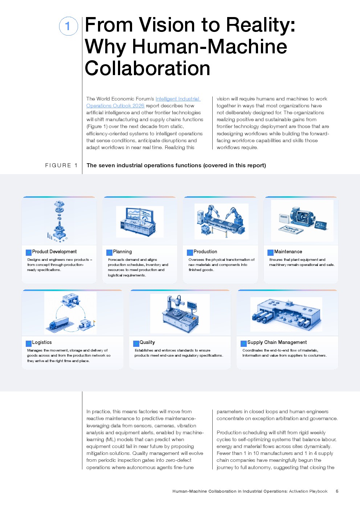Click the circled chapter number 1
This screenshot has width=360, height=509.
69,26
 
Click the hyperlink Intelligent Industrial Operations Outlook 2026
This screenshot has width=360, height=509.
143,102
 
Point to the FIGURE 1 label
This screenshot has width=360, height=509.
61,165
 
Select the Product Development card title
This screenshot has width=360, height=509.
54,251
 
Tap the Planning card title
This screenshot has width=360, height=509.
122,251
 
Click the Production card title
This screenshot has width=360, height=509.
205,251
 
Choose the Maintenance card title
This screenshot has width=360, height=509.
288,251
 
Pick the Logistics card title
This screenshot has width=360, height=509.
42,342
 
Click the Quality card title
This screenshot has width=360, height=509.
147,342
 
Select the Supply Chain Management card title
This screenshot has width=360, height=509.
277,342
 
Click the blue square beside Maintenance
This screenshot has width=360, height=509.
270,253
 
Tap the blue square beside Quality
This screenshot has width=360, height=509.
136,344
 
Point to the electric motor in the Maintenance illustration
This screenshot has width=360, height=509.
302,218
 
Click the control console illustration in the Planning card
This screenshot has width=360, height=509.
140,222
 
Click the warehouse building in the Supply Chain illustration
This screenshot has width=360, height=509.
286,314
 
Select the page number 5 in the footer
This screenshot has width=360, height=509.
337,491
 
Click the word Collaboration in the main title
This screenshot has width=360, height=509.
147,68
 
